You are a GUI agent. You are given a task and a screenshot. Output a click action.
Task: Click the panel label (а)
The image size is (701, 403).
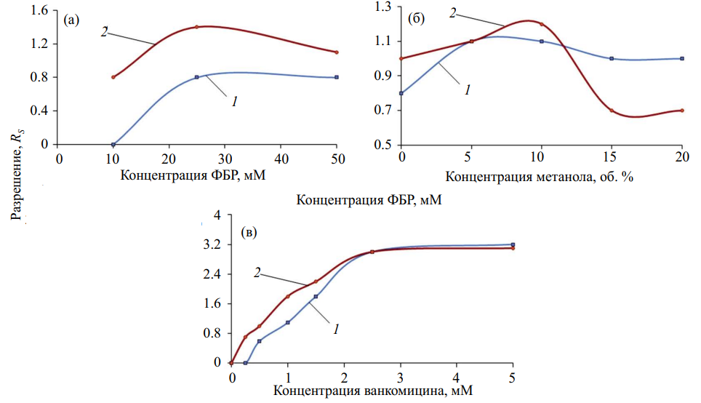click(x=71, y=20)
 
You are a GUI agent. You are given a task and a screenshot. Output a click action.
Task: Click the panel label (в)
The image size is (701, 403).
click(x=249, y=233)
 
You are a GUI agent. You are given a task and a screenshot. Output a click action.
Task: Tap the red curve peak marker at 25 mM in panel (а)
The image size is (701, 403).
click(x=196, y=27)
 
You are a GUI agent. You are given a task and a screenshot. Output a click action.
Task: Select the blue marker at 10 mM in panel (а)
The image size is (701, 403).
click(x=113, y=144)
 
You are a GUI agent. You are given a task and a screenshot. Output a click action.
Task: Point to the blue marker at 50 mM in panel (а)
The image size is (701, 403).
click(x=337, y=77)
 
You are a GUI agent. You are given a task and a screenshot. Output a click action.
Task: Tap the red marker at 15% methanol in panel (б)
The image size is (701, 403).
click(x=612, y=111)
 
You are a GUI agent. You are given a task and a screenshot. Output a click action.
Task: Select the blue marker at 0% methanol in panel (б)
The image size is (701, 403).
click(x=401, y=93)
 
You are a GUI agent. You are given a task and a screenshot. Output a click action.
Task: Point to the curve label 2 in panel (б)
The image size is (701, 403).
click(x=453, y=13)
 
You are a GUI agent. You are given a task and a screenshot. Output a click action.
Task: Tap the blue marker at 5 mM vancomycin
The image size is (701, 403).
click(x=513, y=244)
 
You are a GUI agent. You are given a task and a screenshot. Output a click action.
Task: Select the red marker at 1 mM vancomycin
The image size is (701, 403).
click(x=288, y=296)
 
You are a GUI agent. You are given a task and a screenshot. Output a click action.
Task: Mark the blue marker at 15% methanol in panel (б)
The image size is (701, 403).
click(x=612, y=58)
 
